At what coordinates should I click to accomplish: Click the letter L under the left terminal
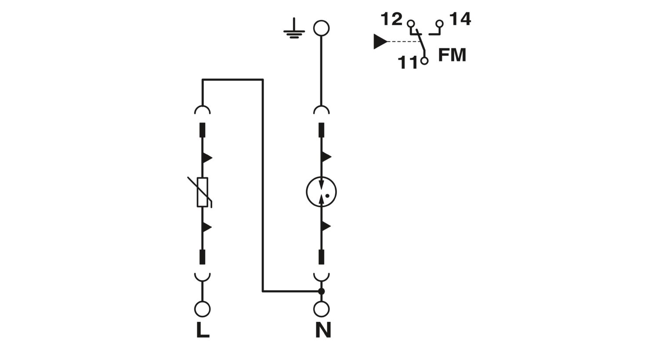pos(203,330)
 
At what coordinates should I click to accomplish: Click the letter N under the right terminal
pos(323,330)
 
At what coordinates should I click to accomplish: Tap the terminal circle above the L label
pos(203,309)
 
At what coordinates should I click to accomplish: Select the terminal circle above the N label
pos(322,309)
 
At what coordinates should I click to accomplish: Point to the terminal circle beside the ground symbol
pos(321,28)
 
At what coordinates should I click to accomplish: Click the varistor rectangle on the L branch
pos(203,192)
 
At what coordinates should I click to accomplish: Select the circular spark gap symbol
pos(321,192)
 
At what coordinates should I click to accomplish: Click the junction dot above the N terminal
pos(322,291)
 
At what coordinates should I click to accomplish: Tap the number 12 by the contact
pos(391,19)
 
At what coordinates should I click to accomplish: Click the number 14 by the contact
pos(460,19)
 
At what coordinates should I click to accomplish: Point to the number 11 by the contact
pos(408,62)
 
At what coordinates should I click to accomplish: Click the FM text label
pos(452,55)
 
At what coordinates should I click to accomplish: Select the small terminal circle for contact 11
pos(424,61)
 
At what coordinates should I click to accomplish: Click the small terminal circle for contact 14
pos(439,24)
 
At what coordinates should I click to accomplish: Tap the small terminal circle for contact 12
pos(411,24)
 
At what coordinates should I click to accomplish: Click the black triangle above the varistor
pos(207,158)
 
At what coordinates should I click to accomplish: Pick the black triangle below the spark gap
pos(326,226)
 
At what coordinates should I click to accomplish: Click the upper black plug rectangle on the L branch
pos(203,130)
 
